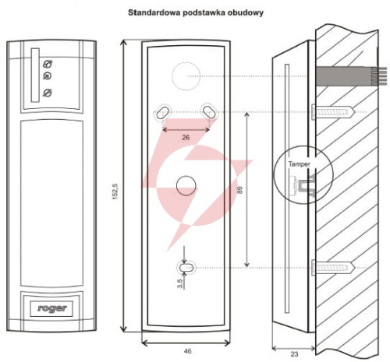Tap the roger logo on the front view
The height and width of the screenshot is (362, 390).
[x=51, y=308]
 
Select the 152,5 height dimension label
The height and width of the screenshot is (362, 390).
[x=115, y=192]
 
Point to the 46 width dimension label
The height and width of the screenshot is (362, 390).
[x=187, y=351]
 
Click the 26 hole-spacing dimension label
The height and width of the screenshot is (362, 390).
[x=186, y=137]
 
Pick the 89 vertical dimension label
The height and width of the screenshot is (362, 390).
[x=239, y=190]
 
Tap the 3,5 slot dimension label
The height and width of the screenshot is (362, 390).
[x=180, y=283]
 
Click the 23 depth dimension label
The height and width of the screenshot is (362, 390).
[x=294, y=354]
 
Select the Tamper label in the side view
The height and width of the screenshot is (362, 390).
[x=299, y=164]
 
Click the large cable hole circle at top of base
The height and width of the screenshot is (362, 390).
[x=186, y=76]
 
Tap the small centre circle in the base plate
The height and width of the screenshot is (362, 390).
[x=186, y=185]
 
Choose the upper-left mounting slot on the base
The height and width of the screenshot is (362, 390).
[x=163, y=112]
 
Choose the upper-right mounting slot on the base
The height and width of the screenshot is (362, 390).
[x=209, y=112]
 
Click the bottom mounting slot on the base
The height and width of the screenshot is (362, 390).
[x=186, y=267]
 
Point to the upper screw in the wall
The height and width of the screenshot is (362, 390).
[x=333, y=112]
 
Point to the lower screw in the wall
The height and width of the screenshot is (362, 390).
[x=333, y=268]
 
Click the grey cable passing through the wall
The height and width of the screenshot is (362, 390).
[x=351, y=76]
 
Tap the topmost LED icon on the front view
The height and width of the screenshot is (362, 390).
[x=48, y=64]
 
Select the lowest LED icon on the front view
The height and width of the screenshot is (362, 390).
[x=48, y=93]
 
